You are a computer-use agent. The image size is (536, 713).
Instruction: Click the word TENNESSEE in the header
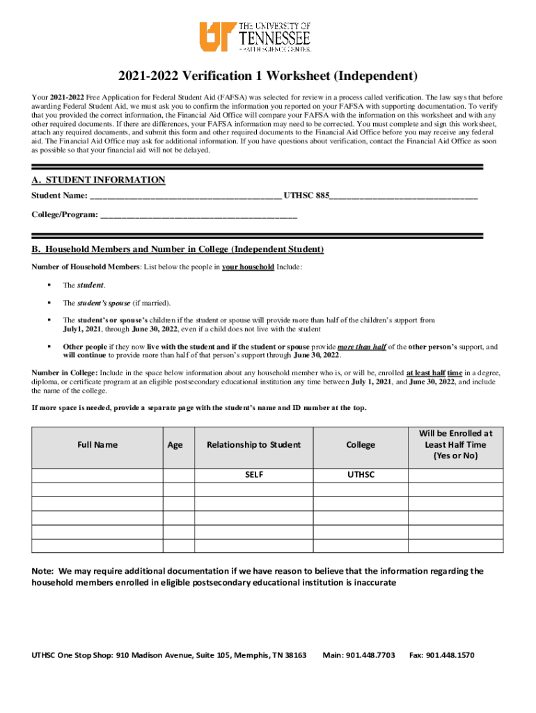point(275,37)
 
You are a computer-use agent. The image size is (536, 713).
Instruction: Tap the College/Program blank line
point(199,215)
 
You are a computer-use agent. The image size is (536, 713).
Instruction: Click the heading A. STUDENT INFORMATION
point(98,180)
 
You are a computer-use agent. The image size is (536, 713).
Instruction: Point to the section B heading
point(178,249)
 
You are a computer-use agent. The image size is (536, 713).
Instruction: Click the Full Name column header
point(97,444)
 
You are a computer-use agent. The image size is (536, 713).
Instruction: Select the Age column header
point(175,445)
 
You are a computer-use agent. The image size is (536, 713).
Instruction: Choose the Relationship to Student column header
point(253,445)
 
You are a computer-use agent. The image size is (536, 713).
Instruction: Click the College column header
point(361,445)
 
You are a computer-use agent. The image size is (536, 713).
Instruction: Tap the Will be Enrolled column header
point(455,444)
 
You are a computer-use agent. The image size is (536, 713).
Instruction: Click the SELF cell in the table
point(253,475)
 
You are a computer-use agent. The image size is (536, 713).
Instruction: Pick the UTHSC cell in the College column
point(361,475)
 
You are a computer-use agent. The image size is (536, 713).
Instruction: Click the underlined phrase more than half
point(361,346)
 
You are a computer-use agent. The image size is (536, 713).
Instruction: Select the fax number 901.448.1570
point(452,655)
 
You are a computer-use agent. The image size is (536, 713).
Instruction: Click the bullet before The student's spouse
point(49,303)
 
